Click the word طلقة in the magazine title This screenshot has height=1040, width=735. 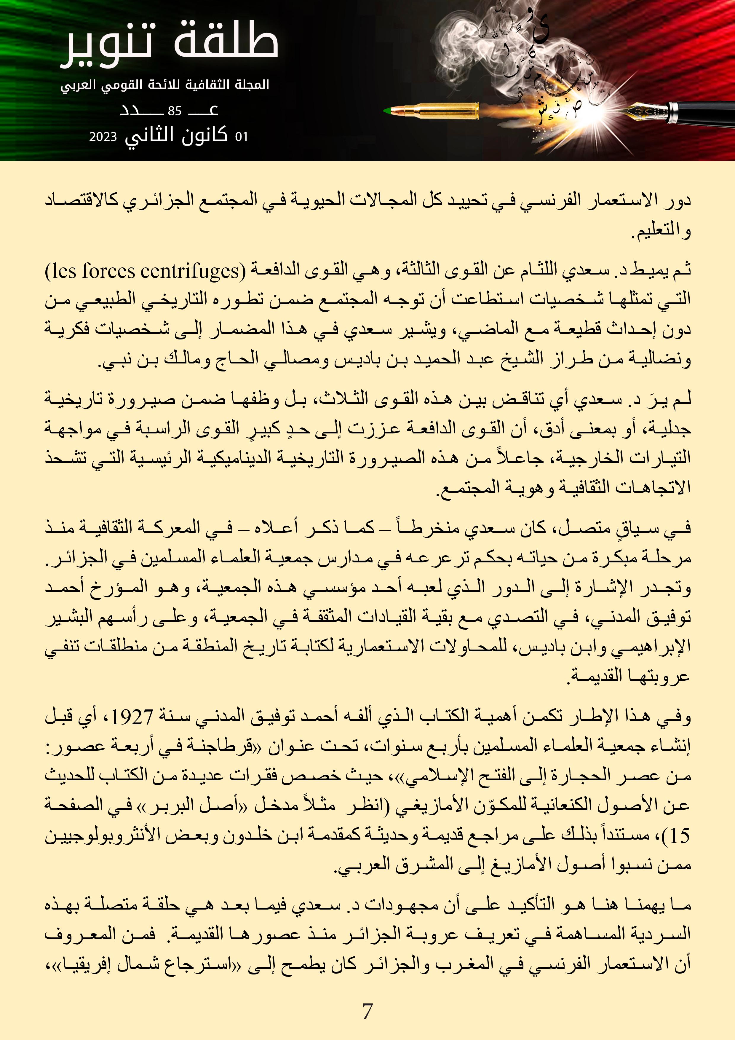tap(226, 42)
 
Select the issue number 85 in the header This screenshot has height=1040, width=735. tap(174, 111)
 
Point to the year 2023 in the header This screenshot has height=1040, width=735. tap(103, 137)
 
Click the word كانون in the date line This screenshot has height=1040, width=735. tap(204, 135)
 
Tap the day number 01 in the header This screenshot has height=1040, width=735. tap(241, 137)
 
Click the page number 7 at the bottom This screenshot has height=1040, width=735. tap(367, 1011)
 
